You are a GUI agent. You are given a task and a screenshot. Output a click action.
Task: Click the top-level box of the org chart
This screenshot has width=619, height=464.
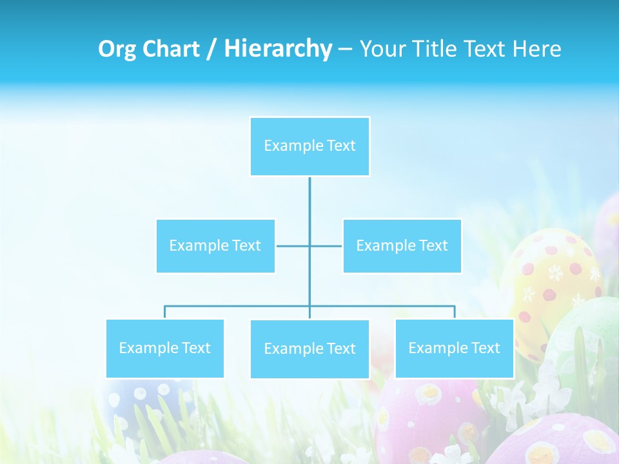pos(309,146)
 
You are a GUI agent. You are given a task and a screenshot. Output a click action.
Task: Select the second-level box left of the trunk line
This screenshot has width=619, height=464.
pos(215,246)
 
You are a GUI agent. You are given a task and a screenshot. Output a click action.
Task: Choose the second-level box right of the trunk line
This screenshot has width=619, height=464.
pos(402,246)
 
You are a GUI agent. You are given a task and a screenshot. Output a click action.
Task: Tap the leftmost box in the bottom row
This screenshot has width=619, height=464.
pos(164,348)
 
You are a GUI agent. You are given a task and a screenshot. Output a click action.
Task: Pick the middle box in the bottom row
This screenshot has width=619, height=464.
pos(309,349)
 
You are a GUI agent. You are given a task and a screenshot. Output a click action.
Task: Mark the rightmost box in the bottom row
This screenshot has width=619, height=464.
pos(454,348)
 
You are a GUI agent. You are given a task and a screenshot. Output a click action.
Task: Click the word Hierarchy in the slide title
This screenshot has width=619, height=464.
pos(278,49)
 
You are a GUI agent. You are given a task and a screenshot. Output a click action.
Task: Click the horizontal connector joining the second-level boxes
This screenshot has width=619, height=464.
pos(293,246)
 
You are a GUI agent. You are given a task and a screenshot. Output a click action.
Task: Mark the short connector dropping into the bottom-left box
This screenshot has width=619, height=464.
pos(164,312)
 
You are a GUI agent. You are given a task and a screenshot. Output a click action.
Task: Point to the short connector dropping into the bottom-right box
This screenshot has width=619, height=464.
pos(455,312)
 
